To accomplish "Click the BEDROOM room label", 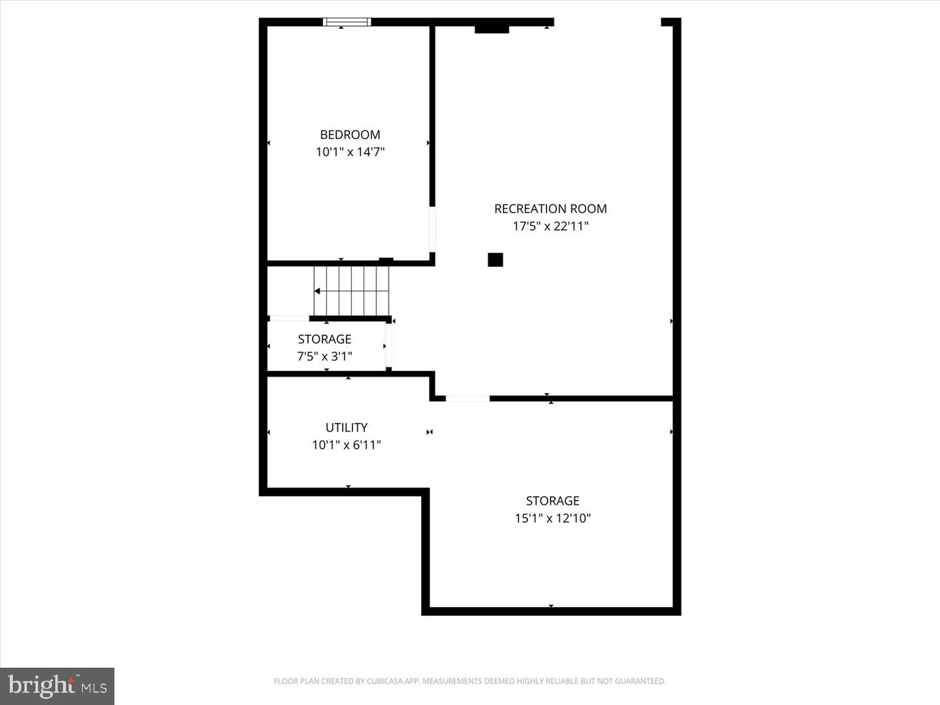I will (x=350, y=134).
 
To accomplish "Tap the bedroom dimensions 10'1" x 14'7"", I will (x=350, y=152).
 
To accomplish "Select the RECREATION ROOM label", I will (x=550, y=209).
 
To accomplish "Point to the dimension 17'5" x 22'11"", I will (x=550, y=227).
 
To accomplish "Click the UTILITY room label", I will (x=346, y=428).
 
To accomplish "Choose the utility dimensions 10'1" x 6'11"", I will (x=346, y=445).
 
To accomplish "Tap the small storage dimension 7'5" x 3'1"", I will (x=324, y=356).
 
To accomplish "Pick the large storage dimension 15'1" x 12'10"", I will (x=552, y=518).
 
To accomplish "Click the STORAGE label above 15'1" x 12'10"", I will (x=552, y=501).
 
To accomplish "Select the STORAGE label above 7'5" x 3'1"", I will (x=324, y=339).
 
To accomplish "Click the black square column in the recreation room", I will (x=495, y=260).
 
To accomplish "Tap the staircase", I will (x=351, y=290).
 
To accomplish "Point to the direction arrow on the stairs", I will (x=318, y=291).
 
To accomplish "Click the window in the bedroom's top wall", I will (x=347, y=22).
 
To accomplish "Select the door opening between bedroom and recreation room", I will (x=432, y=229).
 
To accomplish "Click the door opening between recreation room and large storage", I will (x=467, y=398).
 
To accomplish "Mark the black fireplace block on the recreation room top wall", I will (x=492, y=29).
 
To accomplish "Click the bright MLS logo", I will (x=57, y=685).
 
